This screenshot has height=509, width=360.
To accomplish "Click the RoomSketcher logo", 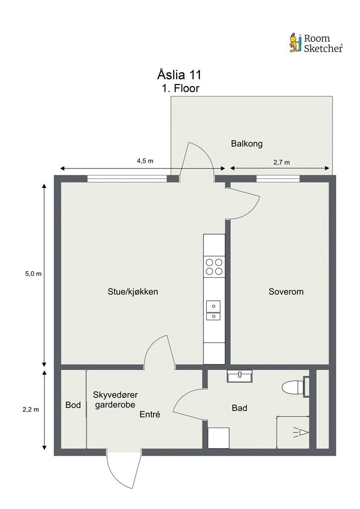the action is (316, 43).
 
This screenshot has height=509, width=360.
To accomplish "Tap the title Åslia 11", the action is (179, 75).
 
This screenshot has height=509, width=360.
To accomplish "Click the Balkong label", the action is (247, 144).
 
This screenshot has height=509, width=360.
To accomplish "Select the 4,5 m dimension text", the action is (145, 161).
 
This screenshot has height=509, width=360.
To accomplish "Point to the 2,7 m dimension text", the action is (281, 163).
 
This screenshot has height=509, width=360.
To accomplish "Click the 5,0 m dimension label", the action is (33, 274).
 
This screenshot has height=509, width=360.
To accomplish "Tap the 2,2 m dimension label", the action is (31, 410).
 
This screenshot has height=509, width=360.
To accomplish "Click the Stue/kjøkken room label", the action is (133, 291).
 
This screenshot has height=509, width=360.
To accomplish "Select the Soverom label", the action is (286, 291).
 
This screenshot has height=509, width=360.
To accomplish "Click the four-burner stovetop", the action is (214, 266).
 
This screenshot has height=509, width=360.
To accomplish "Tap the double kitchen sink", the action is (213, 310).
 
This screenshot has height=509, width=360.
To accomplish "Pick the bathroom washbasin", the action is (240, 376).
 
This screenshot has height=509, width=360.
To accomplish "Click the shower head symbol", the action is (301, 433).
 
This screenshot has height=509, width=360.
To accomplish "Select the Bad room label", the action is (240, 408).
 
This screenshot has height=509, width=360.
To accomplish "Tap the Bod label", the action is (73, 405).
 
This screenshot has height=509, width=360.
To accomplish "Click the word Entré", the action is (150, 414).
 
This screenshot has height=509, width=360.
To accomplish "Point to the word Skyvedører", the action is (115, 395).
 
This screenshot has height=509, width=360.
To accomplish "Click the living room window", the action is (127, 178).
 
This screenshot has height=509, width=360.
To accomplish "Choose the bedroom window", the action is (278, 178).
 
